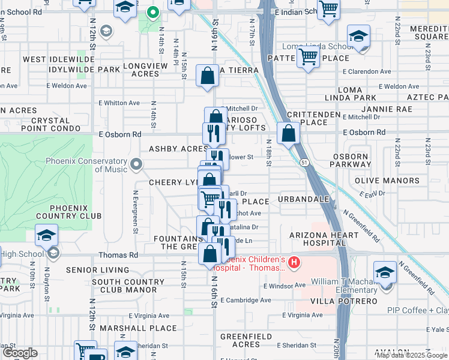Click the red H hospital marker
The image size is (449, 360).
[294, 262]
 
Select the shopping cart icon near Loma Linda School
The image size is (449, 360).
[309, 57]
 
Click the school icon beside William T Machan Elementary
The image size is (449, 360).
[385, 272]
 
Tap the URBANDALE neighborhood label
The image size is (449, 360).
[304, 199]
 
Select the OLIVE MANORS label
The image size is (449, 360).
[387, 181]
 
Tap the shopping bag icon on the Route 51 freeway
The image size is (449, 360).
[289, 133]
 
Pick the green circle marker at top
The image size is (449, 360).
[153, 11]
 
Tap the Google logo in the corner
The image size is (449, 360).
[20, 353]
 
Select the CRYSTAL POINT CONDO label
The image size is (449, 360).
[46, 124]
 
